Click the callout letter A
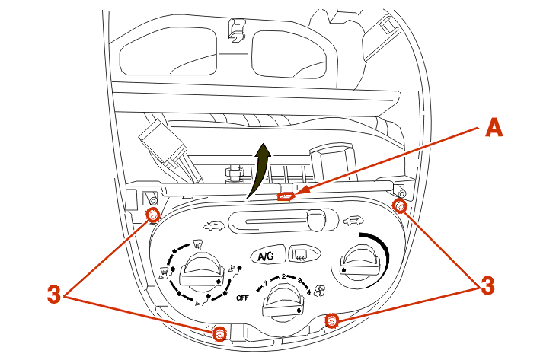click(494, 128)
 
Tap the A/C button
click(267, 256)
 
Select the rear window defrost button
click(305, 253)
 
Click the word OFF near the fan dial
click(242, 298)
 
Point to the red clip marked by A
click(286, 196)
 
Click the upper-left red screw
click(152, 215)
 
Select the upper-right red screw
click(400, 206)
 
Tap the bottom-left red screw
click(219, 334)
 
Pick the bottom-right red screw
click(331, 320)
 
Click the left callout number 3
click(54, 295)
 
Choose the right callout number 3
click(487, 285)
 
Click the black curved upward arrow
click(259, 171)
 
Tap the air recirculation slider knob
click(317, 220)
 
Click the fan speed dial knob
click(284, 301)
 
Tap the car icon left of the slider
click(214, 226)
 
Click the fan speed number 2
click(283, 276)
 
